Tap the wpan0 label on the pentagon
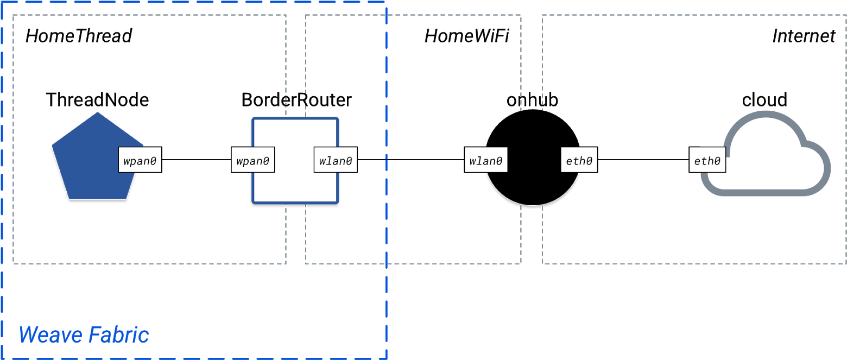click(140, 161)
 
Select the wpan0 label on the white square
click(253, 161)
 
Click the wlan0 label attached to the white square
click(335, 161)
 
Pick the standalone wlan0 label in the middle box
click(485, 161)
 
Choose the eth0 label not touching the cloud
click(579, 161)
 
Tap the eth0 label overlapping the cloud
click(707, 161)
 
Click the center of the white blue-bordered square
click(295, 161)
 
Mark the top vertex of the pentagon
click(98, 113)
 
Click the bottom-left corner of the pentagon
click(69, 199)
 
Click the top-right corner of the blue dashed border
click(385, 2)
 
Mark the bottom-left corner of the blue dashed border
click(2, 358)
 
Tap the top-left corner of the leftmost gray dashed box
click(14, 16)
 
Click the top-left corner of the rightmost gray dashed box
click(543, 16)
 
